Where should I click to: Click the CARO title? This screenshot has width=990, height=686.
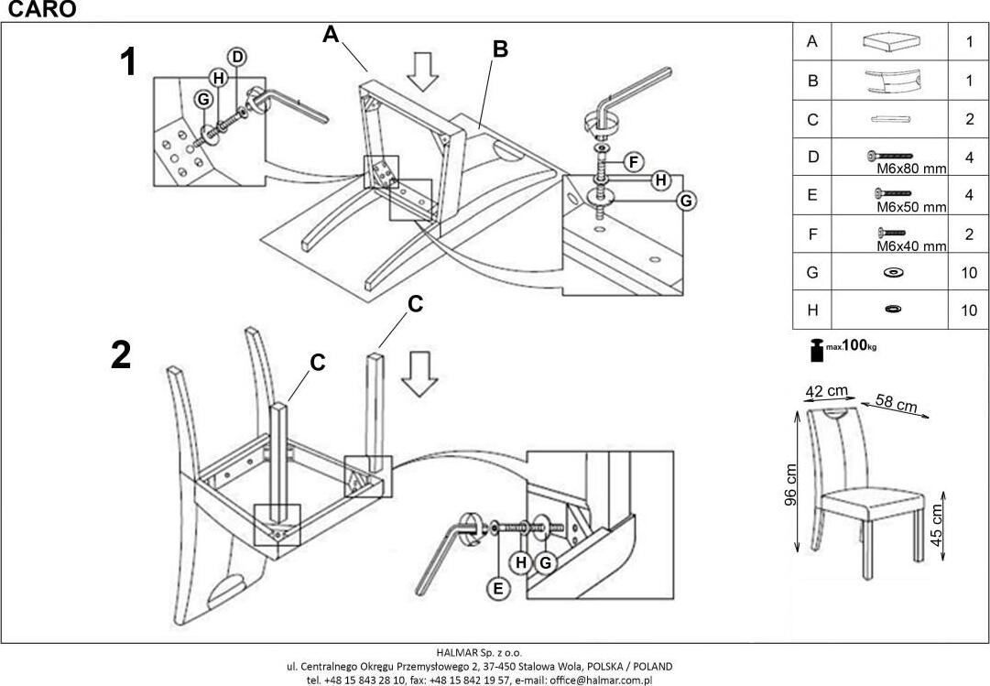point(38,9)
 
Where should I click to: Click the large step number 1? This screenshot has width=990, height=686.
point(129,62)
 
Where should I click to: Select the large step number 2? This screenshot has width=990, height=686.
point(121,355)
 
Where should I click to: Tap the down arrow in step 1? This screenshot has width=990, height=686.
point(422,71)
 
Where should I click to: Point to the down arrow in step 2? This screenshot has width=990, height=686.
point(419,374)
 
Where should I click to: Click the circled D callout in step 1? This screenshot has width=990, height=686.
point(237,57)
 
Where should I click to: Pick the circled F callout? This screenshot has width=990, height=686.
point(631,163)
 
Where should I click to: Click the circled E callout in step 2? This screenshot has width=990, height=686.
point(498,589)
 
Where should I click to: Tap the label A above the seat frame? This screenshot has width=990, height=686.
point(331,35)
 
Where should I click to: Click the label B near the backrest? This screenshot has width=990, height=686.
point(500,49)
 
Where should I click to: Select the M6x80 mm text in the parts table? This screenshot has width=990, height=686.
point(906,169)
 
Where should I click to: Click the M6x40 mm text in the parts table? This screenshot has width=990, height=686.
point(906,245)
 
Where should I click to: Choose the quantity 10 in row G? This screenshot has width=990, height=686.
point(969,272)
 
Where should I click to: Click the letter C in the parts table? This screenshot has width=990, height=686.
point(812,119)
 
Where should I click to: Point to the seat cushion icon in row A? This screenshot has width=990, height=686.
point(891,41)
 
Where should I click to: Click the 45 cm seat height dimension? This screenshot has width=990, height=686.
point(937,525)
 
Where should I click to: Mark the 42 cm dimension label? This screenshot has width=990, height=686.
point(826,391)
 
